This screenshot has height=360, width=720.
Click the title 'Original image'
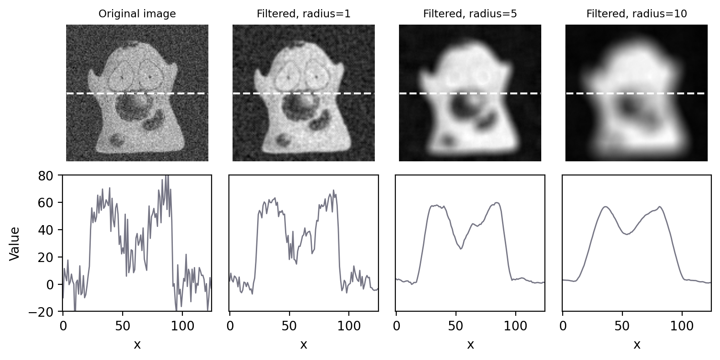coord(137,14)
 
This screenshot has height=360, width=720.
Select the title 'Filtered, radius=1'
coord(304,14)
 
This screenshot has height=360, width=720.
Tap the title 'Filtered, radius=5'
coord(470,14)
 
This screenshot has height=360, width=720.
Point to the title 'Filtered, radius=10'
coord(637,14)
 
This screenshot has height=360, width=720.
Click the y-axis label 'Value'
coord(15,243)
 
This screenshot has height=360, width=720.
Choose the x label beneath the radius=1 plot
coord(304,345)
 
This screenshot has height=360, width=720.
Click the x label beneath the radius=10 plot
coord(637,345)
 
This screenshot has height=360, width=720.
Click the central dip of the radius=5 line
coord(461,249)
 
